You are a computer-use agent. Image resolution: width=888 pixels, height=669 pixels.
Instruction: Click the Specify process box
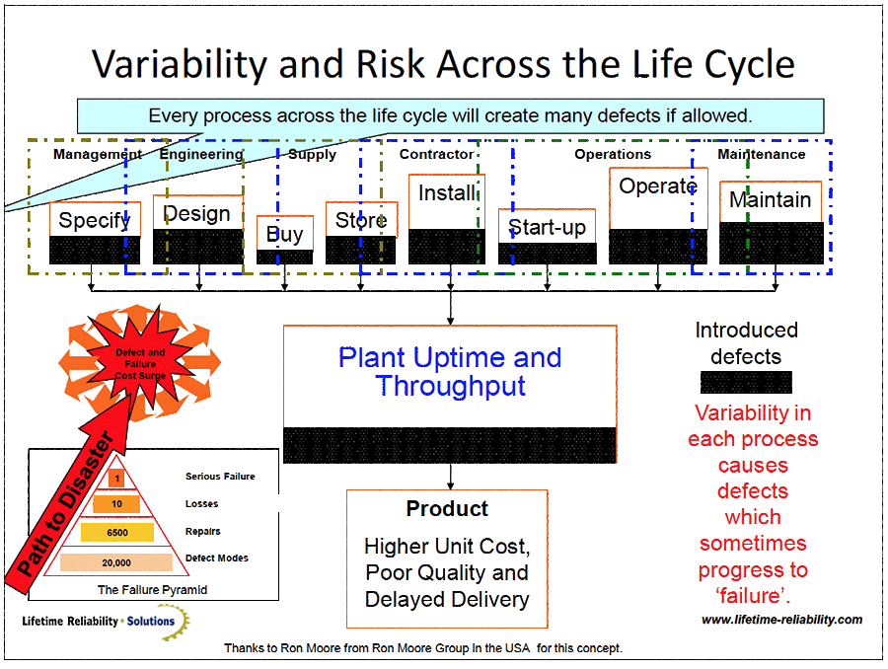[x=95, y=220]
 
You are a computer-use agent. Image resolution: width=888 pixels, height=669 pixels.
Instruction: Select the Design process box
[x=197, y=214]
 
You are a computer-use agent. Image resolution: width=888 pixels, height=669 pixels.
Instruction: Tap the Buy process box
[x=285, y=234]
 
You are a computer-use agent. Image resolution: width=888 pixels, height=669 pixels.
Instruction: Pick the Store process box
[x=360, y=220]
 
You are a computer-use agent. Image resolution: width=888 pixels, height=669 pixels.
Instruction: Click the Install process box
[x=447, y=193]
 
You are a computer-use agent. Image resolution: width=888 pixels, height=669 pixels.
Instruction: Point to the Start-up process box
[x=547, y=228]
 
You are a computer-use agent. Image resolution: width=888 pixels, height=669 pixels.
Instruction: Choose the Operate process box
[x=657, y=186]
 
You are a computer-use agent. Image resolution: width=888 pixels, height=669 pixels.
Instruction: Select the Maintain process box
[x=771, y=200]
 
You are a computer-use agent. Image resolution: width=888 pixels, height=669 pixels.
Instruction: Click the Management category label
[x=98, y=154]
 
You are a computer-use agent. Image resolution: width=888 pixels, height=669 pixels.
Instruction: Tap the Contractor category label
[x=436, y=154]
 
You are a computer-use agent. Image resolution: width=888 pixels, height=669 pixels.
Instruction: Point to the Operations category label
[x=613, y=154]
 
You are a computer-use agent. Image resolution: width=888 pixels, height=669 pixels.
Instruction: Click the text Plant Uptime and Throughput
[x=450, y=371]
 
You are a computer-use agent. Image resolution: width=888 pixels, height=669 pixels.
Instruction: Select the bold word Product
[x=447, y=509]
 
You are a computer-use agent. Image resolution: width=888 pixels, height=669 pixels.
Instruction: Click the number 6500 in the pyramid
[x=116, y=532]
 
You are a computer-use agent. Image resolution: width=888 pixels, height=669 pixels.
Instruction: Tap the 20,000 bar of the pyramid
[x=116, y=562]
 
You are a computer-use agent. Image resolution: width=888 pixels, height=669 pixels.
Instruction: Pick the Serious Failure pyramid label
[x=220, y=477]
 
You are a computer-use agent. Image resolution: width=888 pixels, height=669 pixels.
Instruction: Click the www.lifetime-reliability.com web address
[x=781, y=620]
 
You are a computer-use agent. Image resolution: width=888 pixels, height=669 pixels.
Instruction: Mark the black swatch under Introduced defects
[x=746, y=383]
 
